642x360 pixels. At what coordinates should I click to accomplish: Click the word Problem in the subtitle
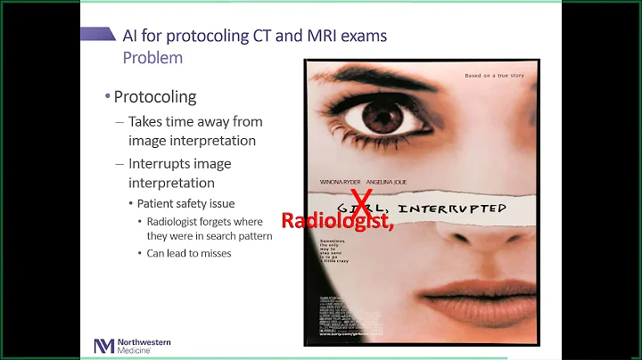pyautogui.click(x=152, y=58)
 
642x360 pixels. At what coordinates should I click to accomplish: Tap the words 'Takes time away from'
pyautogui.click(x=195, y=121)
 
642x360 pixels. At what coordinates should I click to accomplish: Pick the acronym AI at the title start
pyautogui.click(x=133, y=37)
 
